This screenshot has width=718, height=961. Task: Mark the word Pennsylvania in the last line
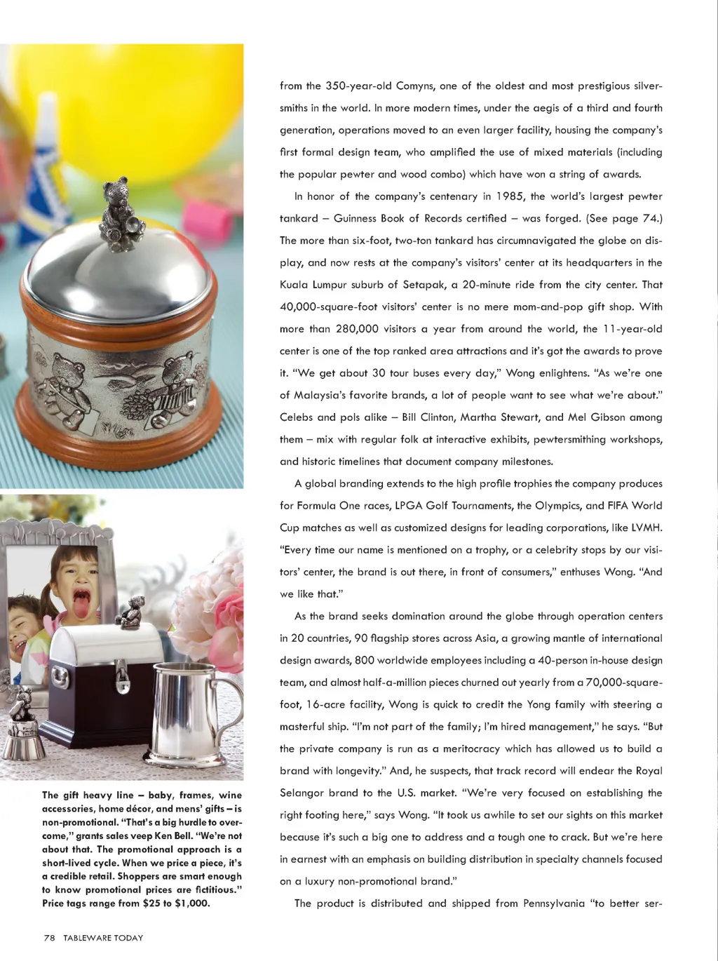pyautogui.click(x=553, y=903)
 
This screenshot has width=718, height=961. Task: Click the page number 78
pyautogui.click(x=49, y=938)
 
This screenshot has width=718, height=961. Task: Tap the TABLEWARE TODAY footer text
pyautogui.click(x=102, y=938)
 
